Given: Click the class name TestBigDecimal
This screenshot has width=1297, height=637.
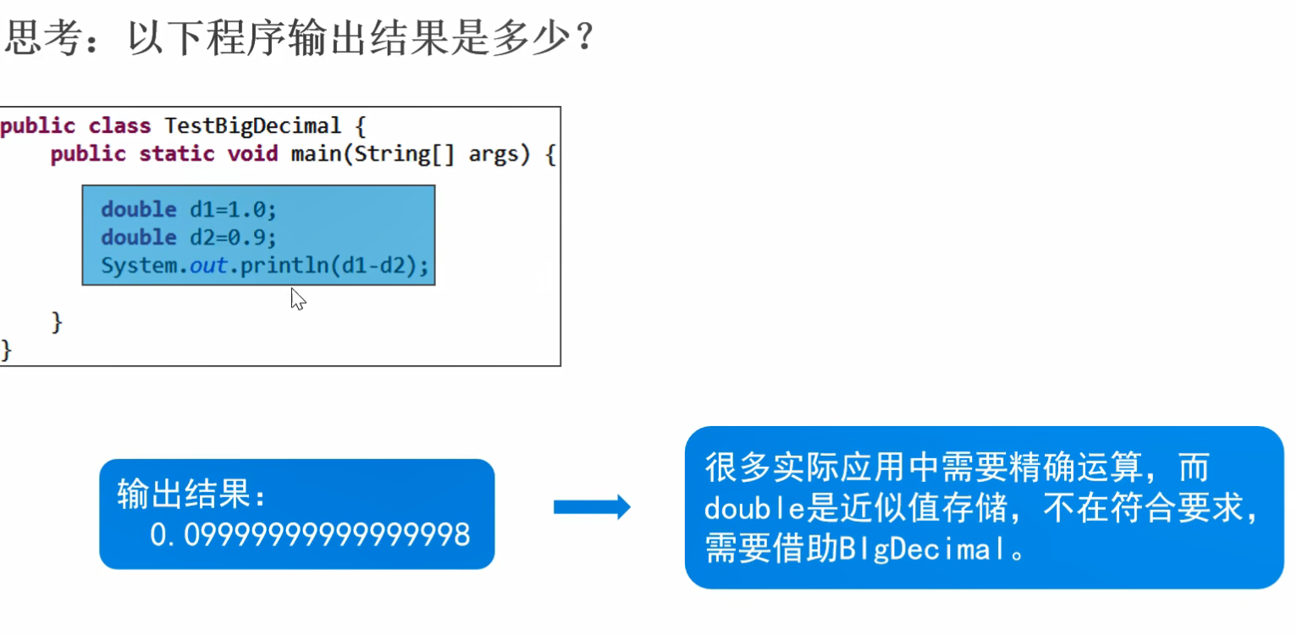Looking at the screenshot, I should pyautogui.click(x=252, y=127).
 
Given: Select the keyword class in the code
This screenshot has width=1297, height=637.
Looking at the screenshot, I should pyautogui.click(x=119, y=127).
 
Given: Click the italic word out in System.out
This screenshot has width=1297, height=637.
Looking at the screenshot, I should pyautogui.click(x=208, y=266).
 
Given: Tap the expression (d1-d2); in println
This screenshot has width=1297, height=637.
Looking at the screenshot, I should pyautogui.click(x=381, y=266).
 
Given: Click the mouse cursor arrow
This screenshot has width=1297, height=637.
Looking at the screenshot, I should pyautogui.click(x=296, y=298).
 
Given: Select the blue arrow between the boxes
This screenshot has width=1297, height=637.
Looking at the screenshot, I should pyautogui.click(x=592, y=507).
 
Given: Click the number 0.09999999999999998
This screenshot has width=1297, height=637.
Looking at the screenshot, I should pyautogui.click(x=310, y=535).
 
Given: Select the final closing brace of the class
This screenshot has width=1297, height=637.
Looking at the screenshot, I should pyautogui.click(x=7, y=349).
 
